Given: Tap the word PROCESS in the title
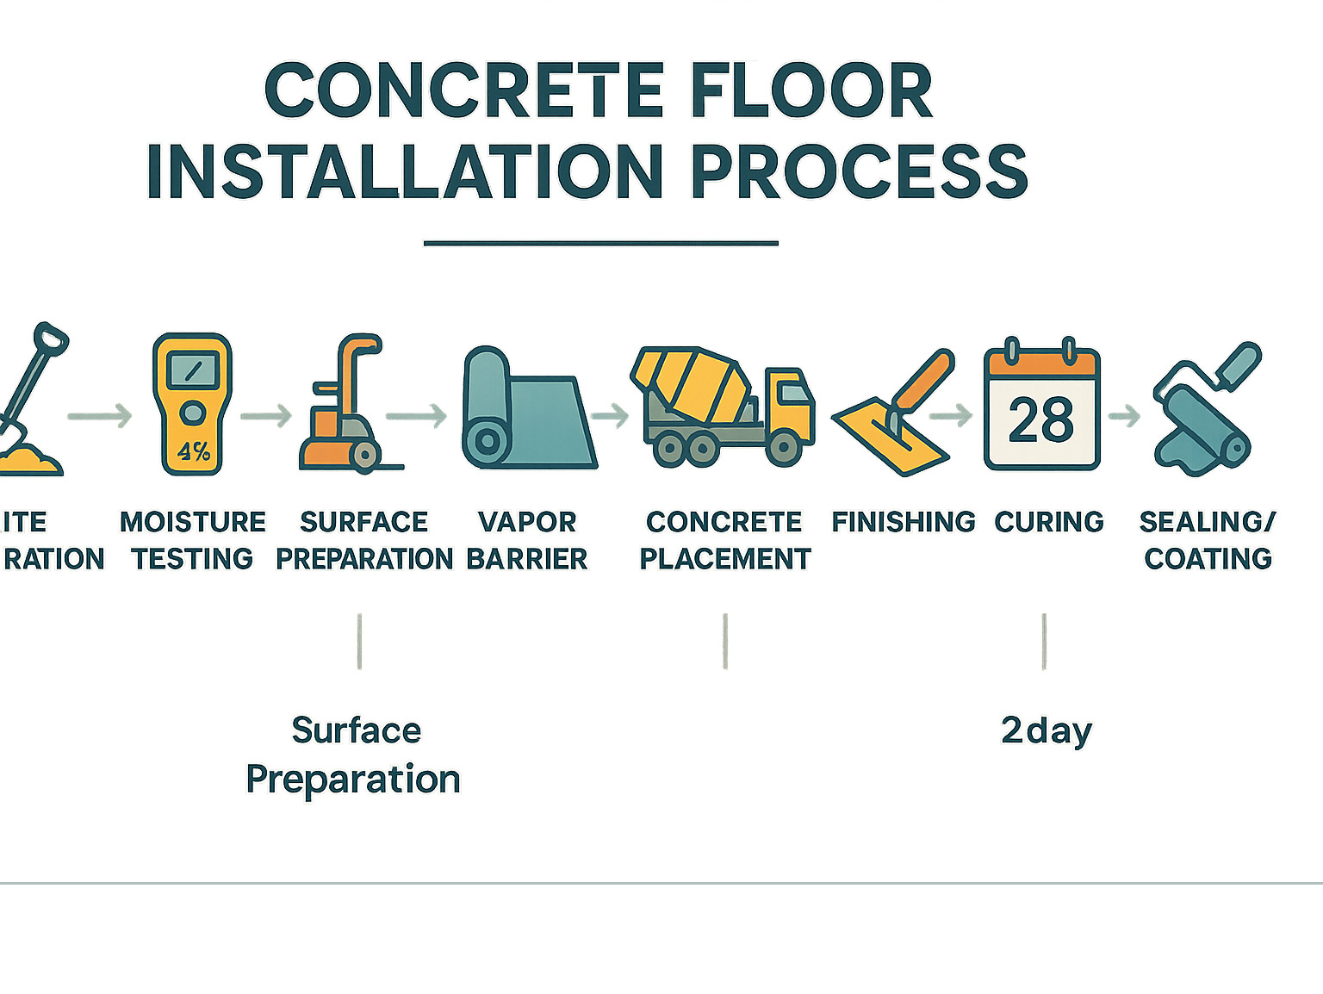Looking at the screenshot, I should click(x=859, y=172).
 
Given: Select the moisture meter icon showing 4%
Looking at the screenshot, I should click(x=192, y=403).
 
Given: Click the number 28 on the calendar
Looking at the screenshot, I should click(x=1041, y=420).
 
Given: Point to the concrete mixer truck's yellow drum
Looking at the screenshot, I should click(x=694, y=386).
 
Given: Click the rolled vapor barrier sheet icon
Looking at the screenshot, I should click(x=528, y=410).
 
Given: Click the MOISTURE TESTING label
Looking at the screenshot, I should click(x=193, y=540).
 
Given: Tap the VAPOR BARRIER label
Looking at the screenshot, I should click(x=527, y=540).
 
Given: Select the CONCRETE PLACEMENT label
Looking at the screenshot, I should click(x=724, y=540).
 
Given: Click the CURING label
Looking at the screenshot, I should click(x=1049, y=522).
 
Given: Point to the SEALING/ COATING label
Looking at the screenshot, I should click(x=1208, y=540).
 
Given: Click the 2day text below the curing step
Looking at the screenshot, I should click(x=1046, y=731).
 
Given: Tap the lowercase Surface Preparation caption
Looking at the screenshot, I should click(x=354, y=755).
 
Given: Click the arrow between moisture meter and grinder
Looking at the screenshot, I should click(x=266, y=416).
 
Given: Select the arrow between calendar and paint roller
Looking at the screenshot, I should click(x=1124, y=417).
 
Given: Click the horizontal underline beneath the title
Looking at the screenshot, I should click(x=600, y=244).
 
